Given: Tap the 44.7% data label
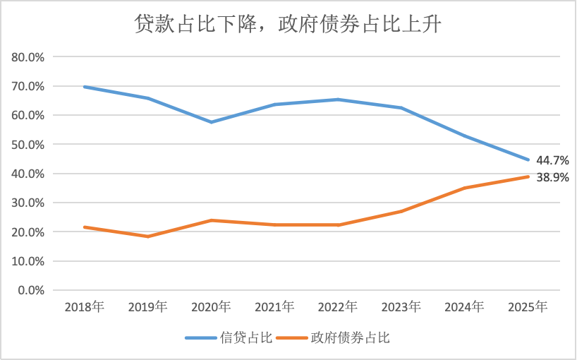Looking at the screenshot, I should (x=552, y=160).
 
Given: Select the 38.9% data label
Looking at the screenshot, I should (x=552, y=178).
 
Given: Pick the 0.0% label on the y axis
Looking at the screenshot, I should (x=32, y=290).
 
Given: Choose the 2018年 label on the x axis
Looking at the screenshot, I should (x=84, y=307).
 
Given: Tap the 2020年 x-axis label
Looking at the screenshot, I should (x=211, y=307).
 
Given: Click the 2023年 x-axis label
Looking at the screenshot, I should (x=401, y=307).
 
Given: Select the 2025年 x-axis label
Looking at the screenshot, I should (x=528, y=307).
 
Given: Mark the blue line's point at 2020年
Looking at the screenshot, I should (x=211, y=122).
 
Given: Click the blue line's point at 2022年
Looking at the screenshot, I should (x=338, y=100).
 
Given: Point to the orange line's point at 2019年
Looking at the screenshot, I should (x=147, y=236).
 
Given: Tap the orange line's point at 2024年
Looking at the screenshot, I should (x=465, y=188).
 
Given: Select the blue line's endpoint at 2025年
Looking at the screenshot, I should (x=528, y=160).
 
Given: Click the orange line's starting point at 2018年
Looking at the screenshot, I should (x=84, y=227).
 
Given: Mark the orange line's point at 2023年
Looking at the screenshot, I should (x=401, y=212).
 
